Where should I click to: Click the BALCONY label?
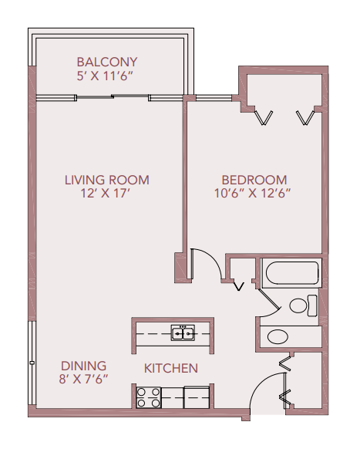pos(106,62)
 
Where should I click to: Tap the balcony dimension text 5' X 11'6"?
pos(106,76)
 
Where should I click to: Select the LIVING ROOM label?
pos(106,180)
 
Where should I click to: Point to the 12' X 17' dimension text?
pos(106,194)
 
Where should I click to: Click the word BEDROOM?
pos(254,180)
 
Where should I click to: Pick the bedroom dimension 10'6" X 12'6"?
pos(254,194)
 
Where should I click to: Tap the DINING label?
pos(84,365)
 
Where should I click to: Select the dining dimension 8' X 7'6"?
pos(84,379)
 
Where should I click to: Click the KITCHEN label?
pos(171,368)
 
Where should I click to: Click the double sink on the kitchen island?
pos(183,333)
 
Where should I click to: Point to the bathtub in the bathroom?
pos(290,274)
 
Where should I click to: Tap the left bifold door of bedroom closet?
pos(264,116)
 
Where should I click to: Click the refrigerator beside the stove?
pos(197,397)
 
